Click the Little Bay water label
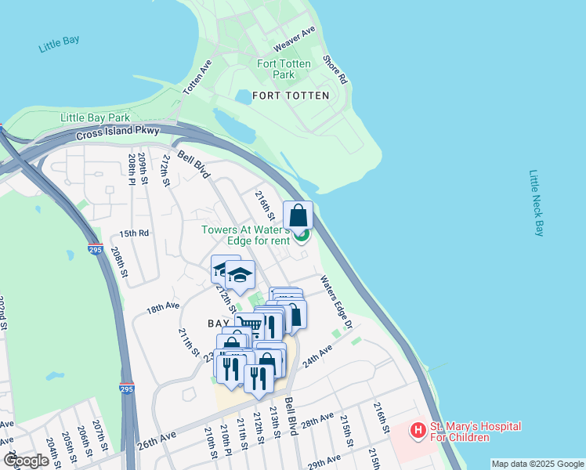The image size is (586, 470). pyautogui.click(x=60, y=42)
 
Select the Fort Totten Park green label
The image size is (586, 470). pyautogui.click(x=284, y=69)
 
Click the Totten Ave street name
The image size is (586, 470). pyautogui.click(x=197, y=78)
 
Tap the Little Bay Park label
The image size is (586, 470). pyautogui.click(x=96, y=117)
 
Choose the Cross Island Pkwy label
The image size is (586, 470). pyautogui.click(x=118, y=134)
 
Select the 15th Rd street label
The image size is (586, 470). pyautogui.click(x=133, y=233)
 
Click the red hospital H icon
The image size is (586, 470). pyautogui.click(x=418, y=430)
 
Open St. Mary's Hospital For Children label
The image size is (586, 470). pyautogui.click(x=476, y=432)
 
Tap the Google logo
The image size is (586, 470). pyautogui.click(x=26, y=461)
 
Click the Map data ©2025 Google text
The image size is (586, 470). pyautogui.click(x=537, y=464)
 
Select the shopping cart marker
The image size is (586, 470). pyautogui.click(x=248, y=324)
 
